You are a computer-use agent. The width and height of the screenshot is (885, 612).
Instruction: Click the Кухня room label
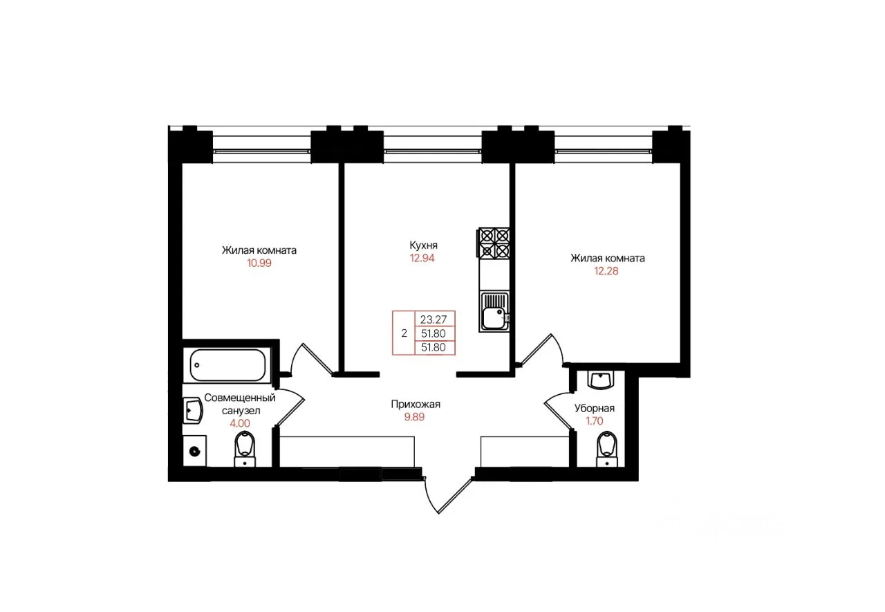[424, 245]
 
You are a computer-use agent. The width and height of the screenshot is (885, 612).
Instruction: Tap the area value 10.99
[259, 263]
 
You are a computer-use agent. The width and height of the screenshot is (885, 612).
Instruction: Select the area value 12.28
[606, 271]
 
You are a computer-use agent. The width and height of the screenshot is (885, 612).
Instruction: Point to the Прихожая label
[416, 404]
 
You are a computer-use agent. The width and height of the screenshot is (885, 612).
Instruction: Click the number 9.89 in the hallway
[414, 417]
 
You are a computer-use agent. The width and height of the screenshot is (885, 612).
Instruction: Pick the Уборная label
[594, 408]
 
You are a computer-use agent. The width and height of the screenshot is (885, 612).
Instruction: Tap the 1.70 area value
[594, 421]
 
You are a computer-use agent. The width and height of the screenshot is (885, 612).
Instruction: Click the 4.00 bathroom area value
[240, 423]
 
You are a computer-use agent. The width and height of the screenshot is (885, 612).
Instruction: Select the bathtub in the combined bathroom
[227, 365]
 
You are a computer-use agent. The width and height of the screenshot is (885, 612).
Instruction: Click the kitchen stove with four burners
[494, 243]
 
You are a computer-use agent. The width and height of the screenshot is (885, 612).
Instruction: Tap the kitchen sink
[494, 312]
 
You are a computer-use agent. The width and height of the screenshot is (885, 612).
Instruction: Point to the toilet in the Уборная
[607, 449]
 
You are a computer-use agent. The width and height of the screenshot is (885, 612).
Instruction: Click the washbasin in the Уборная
[601, 380]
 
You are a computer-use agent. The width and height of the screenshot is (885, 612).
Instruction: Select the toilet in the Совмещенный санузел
[245, 449]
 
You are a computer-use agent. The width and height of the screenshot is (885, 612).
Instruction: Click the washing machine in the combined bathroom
[194, 451]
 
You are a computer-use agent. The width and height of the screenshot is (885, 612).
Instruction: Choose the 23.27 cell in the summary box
[434, 319]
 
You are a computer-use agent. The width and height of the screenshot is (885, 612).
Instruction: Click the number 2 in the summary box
[404, 333]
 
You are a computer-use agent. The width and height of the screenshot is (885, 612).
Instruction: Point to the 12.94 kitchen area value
[422, 259]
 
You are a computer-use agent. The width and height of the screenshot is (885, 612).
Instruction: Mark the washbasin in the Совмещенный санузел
[193, 411]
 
